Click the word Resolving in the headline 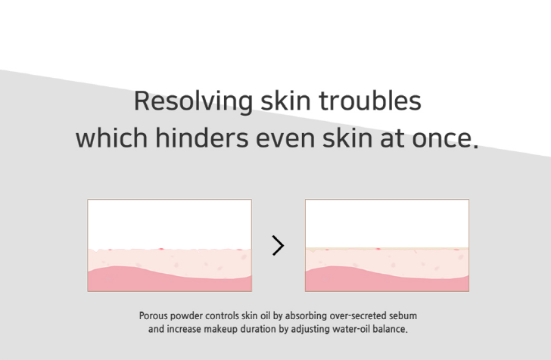tap(193, 102)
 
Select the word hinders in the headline tap(201, 138)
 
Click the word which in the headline tap(112, 138)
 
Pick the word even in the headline tap(285, 139)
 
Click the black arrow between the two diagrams tap(278, 246)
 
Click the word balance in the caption tap(388, 329)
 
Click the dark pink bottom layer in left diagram tap(170, 281)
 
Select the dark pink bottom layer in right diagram tap(387, 281)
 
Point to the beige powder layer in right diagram tap(387, 249)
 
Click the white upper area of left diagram tap(170, 224)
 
